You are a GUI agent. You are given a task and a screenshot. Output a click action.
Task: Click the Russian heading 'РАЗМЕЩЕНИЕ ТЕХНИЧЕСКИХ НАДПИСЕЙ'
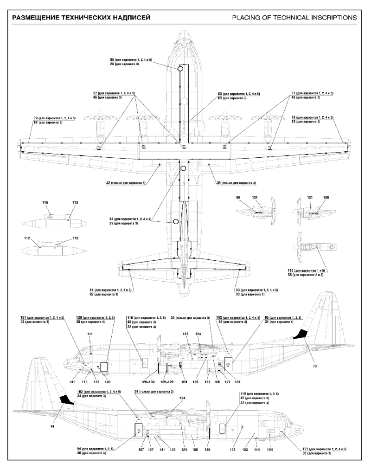pyautogui.click(x=81, y=18)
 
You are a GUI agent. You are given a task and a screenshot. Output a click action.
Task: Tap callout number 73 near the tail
pyautogui.click(x=314, y=367)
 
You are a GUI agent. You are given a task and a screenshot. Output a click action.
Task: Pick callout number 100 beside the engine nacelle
pyautogui.click(x=326, y=198)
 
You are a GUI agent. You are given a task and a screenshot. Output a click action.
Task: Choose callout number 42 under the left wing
pyautogui.click(x=109, y=183)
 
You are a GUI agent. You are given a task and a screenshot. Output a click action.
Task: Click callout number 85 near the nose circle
pyautogui.click(x=112, y=60)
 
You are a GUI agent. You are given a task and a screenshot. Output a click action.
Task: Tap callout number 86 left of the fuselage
pyautogui.click(x=112, y=219)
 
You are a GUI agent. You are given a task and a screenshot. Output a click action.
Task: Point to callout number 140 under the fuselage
pyautogui.click(x=108, y=382)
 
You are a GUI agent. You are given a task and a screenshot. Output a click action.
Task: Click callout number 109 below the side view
pyautogui.click(x=184, y=382)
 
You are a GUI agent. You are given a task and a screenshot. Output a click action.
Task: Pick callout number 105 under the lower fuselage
pyautogui.click(x=195, y=449)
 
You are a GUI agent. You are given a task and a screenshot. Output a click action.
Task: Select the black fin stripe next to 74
pyautogui.click(x=67, y=400)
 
